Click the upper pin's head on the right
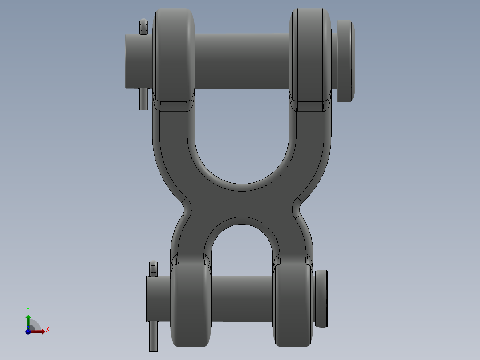(346, 61)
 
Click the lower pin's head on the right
(321, 299)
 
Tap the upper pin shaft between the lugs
(241, 61)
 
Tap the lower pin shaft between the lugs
(241, 298)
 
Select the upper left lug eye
(174, 56)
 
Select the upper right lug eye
(310, 56)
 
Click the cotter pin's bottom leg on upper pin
(143, 100)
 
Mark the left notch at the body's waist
(186, 208)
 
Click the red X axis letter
(47, 330)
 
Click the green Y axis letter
(28, 309)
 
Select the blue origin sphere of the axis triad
(28, 331)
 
